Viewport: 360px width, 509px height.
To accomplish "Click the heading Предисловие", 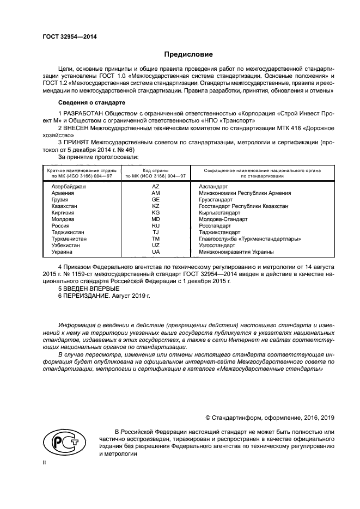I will click(188, 54).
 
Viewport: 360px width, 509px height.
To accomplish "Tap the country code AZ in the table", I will click(155, 187).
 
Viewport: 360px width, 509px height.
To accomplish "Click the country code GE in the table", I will click(155, 200).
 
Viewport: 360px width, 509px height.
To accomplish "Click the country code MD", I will click(155, 219).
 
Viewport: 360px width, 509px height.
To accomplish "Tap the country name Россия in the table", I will click(60, 226).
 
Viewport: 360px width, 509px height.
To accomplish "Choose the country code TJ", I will click(155, 232).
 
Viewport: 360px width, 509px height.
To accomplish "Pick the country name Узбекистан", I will click(65, 246).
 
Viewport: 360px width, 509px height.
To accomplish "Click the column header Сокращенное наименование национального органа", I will click(262, 171).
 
